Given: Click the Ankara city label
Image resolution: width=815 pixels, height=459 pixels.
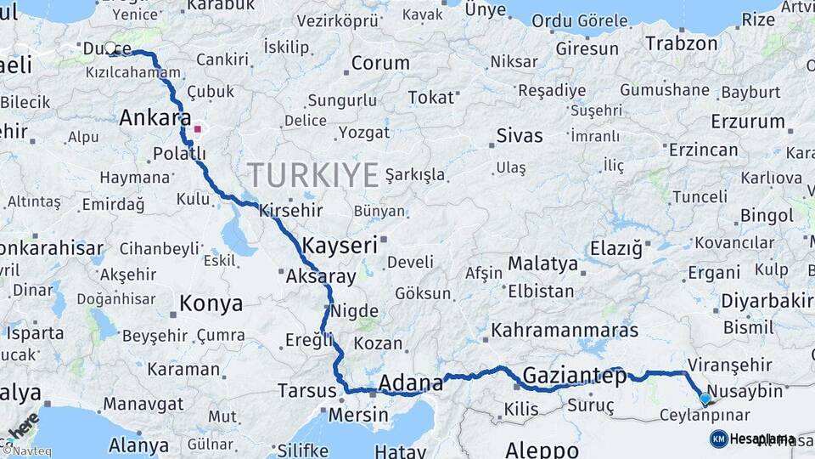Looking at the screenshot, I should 155,118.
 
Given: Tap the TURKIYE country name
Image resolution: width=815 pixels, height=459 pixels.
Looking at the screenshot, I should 313,175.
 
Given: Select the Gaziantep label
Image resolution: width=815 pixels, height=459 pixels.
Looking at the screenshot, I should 575,375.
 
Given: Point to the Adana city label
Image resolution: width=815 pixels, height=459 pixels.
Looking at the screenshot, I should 411,382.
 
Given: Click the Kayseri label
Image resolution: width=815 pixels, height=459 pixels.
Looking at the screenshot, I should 339,246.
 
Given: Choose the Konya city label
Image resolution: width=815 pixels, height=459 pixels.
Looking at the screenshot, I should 211,303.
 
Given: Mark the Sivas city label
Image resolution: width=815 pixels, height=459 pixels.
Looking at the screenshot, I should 520,134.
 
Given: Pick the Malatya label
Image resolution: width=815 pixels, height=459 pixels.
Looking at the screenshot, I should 543,263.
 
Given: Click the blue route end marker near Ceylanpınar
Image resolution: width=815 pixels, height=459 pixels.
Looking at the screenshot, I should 705,398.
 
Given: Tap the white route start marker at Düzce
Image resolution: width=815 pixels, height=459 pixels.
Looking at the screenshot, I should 111,48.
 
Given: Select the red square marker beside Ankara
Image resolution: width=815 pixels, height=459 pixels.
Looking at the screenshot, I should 198,130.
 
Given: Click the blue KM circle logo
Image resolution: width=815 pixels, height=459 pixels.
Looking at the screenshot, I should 718,439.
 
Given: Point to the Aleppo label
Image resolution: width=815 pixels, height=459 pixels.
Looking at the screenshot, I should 542,449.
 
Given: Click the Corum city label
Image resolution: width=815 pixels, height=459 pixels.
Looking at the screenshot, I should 380,63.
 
